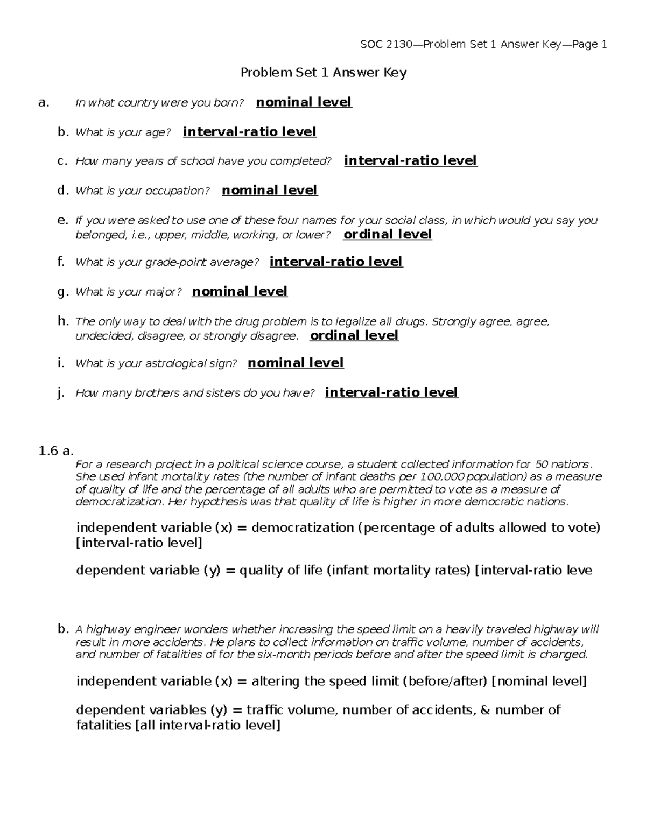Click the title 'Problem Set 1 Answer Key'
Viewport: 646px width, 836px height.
323,73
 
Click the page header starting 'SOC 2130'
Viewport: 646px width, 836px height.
483,45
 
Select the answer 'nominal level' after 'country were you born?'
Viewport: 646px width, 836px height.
304,102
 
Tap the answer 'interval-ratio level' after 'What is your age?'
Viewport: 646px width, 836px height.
249,132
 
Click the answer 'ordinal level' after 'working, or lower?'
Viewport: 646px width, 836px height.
387,235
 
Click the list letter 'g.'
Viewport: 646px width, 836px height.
63,292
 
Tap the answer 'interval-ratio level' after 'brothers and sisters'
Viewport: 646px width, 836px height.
391,392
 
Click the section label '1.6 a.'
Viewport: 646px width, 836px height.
56,451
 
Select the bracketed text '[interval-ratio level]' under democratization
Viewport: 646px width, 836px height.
139,543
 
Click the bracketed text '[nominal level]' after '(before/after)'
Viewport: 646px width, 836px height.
539,682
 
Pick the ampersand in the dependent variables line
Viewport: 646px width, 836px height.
484,711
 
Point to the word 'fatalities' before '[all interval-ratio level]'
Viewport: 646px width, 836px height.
103,726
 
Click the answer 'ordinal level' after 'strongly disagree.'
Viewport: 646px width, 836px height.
354,336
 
